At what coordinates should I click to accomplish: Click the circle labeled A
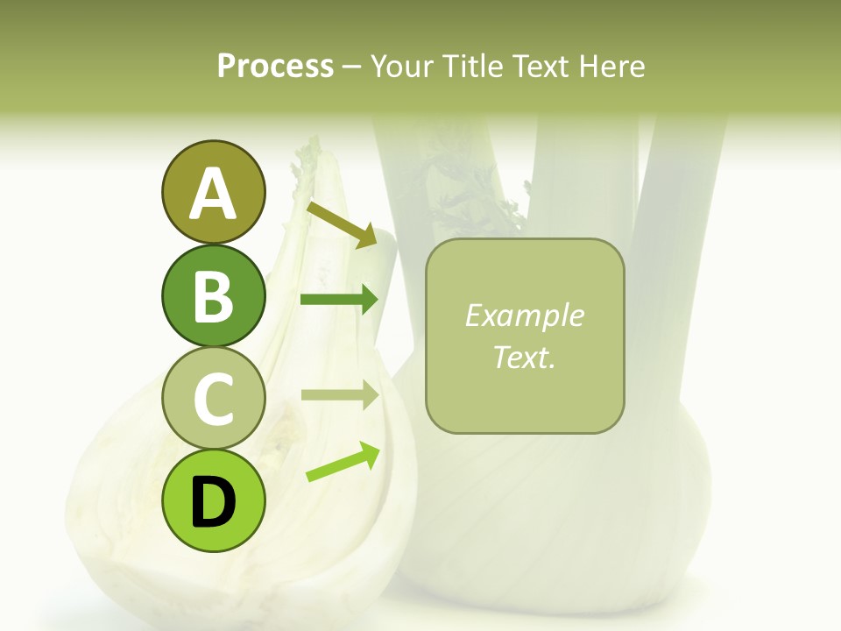tap(213, 192)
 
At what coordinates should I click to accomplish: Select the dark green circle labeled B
tap(213, 295)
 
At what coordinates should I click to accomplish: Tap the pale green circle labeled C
tap(213, 399)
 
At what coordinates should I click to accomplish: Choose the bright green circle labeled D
tap(213, 501)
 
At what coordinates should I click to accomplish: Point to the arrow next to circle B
tap(339, 300)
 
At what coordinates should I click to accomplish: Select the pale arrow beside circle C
tap(339, 394)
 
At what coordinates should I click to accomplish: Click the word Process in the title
tap(275, 66)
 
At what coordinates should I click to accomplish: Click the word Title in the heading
tap(471, 66)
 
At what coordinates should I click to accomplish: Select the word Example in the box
tap(525, 315)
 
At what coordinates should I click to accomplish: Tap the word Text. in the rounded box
tap(525, 357)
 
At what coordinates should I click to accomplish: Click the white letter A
tap(213, 194)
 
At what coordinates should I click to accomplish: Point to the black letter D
tap(213, 502)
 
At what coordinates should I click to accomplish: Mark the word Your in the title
tap(401, 66)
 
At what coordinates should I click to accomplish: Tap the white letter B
tap(213, 296)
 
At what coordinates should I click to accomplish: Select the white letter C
tap(213, 400)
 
